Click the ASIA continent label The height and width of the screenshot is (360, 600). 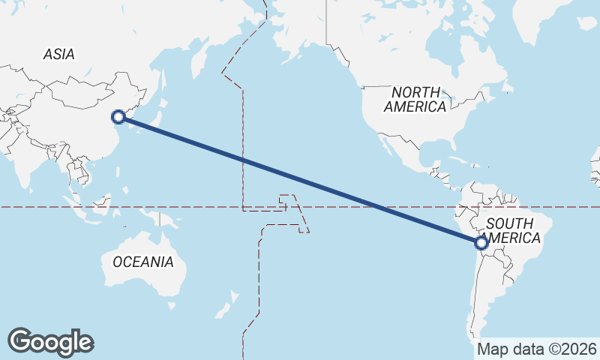click(58, 54)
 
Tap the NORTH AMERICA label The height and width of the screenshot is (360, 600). click(415, 99)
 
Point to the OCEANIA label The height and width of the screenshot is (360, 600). click(142, 262)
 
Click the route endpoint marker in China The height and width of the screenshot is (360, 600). click(118, 116)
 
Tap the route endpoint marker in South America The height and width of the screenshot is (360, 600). click(481, 242)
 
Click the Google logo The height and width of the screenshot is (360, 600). click(50, 342)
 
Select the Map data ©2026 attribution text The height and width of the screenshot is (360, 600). click(537, 349)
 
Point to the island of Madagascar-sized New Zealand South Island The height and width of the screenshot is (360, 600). click(221, 310)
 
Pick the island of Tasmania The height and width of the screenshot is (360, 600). click(172, 305)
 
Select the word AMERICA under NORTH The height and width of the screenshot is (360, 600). click(415, 106)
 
